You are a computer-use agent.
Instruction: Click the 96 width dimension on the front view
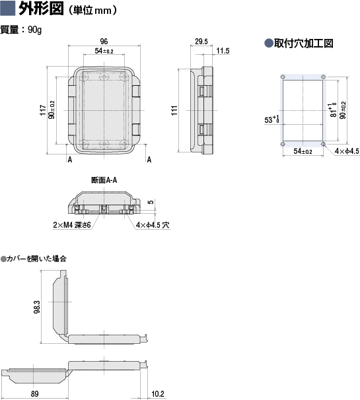(104, 41)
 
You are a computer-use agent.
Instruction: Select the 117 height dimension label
(43, 110)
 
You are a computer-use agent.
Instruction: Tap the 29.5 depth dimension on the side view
(201, 42)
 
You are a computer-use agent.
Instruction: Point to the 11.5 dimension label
(223, 51)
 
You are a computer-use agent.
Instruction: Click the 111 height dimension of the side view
(174, 110)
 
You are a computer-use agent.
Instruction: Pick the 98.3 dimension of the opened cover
(37, 307)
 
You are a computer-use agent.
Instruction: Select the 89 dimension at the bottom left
(35, 393)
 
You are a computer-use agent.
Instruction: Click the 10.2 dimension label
(158, 394)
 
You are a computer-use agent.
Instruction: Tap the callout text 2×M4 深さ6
(72, 224)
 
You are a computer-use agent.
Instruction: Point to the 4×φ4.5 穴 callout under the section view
(153, 224)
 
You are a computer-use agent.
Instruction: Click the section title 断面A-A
(104, 180)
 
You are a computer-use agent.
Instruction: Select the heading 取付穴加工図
(304, 43)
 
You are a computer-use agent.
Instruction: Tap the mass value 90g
(35, 30)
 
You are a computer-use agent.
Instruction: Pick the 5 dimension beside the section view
(151, 202)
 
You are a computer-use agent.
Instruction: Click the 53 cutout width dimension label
(272, 119)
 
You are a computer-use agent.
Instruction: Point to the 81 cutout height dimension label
(333, 110)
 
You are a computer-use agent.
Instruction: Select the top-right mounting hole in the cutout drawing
(323, 77)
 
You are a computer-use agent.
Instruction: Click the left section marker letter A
(70, 160)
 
